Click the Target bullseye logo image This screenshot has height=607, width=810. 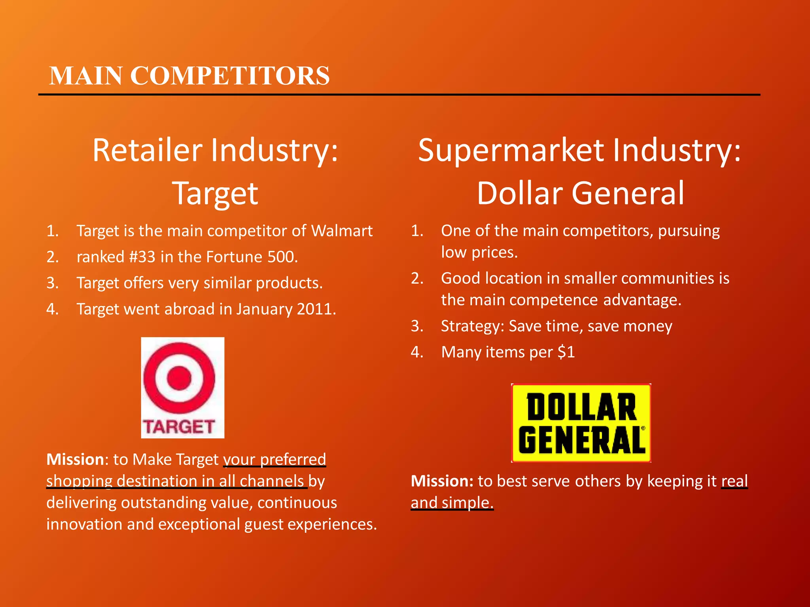tap(182, 387)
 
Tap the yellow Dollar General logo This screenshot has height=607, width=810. tap(581, 423)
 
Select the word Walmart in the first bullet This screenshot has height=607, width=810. tap(342, 231)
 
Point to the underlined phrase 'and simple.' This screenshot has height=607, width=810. tap(452, 503)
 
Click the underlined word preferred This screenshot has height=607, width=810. tap(293, 460)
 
